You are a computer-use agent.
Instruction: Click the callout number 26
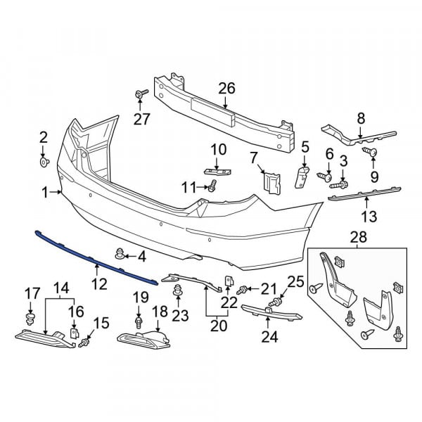pyautogui.click(x=226, y=89)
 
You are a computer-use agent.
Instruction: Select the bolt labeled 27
pyautogui.click(x=141, y=94)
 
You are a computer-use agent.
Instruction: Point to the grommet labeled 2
pyautogui.click(x=44, y=162)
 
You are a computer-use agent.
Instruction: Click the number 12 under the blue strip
pyautogui.click(x=99, y=284)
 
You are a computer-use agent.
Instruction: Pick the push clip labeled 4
pyautogui.click(x=120, y=253)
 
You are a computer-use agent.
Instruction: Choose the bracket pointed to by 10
pyautogui.click(x=217, y=172)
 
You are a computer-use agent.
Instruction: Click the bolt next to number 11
pyautogui.click(x=212, y=186)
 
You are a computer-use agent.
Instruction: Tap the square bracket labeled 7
pyautogui.click(x=271, y=182)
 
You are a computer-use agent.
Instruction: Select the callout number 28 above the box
pyautogui.click(x=359, y=238)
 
